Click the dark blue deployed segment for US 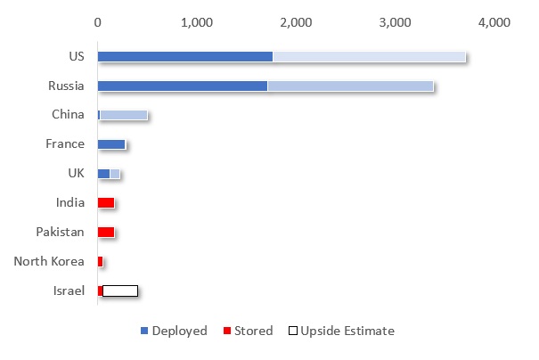[184, 56]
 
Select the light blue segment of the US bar [369, 56]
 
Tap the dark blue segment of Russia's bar [182, 86]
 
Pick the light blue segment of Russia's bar [350, 86]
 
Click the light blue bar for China [124, 115]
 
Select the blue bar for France [111, 143]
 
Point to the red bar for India [106, 202]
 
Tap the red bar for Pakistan [106, 232]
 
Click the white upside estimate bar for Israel [120, 290]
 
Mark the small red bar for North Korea [101, 261]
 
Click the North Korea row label [49, 261]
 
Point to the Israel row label [69, 290]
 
